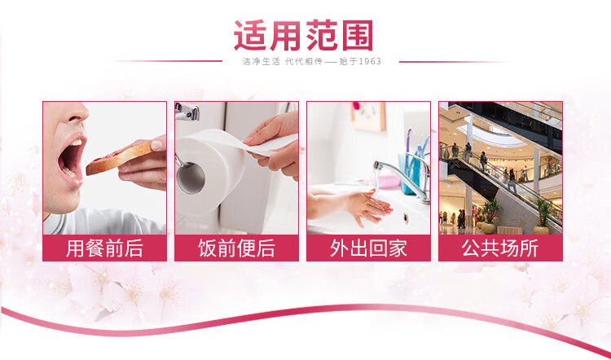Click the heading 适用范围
click(x=304, y=36)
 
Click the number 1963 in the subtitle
click(x=370, y=62)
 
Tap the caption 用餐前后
click(x=104, y=248)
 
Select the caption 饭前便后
click(x=236, y=248)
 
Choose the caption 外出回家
click(x=368, y=248)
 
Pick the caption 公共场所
click(x=500, y=248)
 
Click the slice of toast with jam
click(x=119, y=157)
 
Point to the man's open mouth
click(x=70, y=159)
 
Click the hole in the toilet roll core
click(x=190, y=178)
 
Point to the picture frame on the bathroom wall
click(x=368, y=116)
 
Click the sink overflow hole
click(x=406, y=217)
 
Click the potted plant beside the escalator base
click(x=543, y=217)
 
